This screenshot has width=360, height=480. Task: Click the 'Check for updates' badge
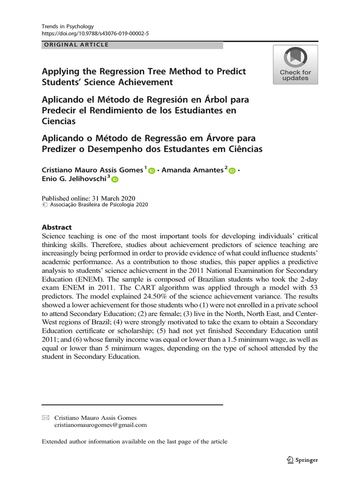point(295,65)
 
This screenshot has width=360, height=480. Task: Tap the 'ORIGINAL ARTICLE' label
point(76,45)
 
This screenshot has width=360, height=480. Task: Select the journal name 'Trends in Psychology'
point(68,27)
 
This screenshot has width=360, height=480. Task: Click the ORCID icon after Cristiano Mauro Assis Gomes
point(151,171)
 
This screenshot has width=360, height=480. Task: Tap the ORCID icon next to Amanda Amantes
point(232,171)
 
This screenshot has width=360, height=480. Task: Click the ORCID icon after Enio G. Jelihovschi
point(115,180)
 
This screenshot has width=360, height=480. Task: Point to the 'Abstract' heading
point(57,227)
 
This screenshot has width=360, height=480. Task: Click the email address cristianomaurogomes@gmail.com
point(100,425)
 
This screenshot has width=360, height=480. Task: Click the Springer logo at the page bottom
point(302,460)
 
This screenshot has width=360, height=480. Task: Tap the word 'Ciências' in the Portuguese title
point(243,150)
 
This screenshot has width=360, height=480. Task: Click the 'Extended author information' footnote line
point(135,442)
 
